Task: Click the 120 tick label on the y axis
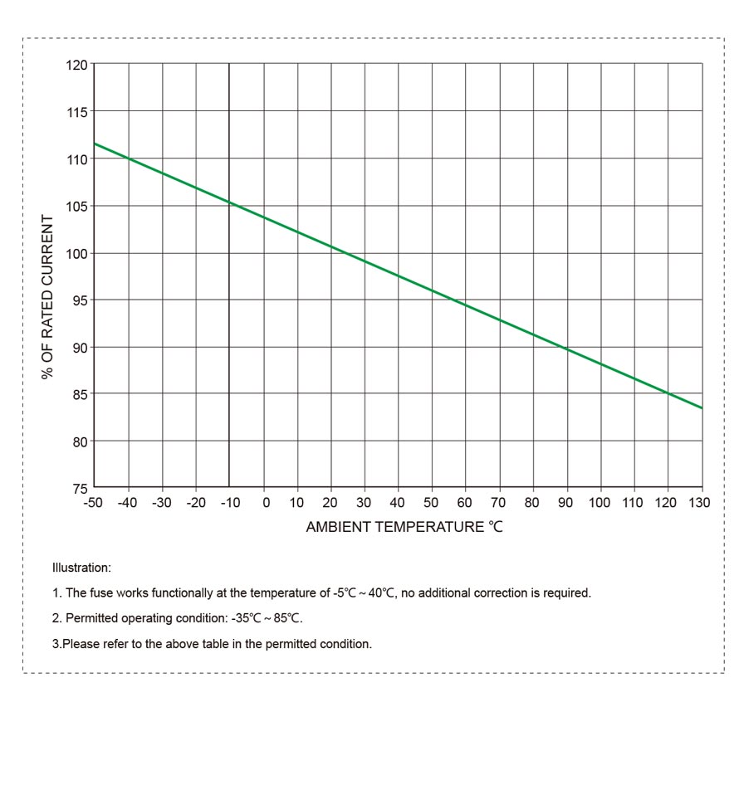pyautogui.click(x=77, y=65)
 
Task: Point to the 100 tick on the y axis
pyautogui.click(x=77, y=253)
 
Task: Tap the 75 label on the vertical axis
pyautogui.click(x=81, y=488)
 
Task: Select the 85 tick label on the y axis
pyautogui.click(x=81, y=394)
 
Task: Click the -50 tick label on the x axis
pyautogui.click(x=93, y=503)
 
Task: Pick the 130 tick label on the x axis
pyautogui.click(x=700, y=503)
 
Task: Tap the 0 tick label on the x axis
pyautogui.click(x=266, y=503)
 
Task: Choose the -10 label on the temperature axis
pyautogui.click(x=229, y=503)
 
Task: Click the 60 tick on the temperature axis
pyautogui.click(x=465, y=503)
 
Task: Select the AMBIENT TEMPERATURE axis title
pyautogui.click(x=404, y=527)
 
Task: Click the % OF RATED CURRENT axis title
pyautogui.click(x=48, y=298)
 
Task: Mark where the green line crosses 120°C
pyautogui.click(x=668, y=393)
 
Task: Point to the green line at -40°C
pyautogui.click(x=129, y=158)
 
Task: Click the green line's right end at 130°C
pyautogui.click(x=702, y=408)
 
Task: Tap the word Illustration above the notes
pyautogui.click(x=81, y=568)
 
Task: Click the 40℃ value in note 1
pyautogui.click(x=380, y=593)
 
